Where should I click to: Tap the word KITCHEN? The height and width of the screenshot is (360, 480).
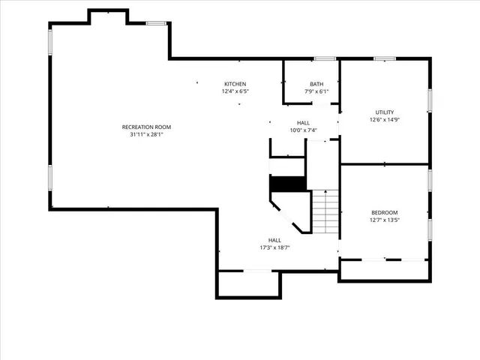point(235,83)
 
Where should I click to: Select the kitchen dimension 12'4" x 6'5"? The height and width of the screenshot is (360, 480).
point(235,91)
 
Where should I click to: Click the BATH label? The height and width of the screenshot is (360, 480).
point(316,83)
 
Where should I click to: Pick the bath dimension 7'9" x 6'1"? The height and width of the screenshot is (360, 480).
point(316,91)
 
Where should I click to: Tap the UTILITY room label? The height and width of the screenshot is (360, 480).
point(385,112)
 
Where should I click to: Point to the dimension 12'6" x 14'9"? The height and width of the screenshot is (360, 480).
point(385,119)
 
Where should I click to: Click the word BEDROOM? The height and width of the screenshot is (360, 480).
point(385,212)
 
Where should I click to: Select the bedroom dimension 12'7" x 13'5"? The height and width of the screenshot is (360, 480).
point(385,220)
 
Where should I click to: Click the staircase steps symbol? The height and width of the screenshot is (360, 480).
point(325,212)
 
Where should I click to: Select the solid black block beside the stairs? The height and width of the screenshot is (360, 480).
point(287,184)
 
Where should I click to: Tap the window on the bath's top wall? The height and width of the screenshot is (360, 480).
point(324,58)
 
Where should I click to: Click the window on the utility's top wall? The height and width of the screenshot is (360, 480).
point(385,58)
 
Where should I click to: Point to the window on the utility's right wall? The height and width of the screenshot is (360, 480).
point(430,100)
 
